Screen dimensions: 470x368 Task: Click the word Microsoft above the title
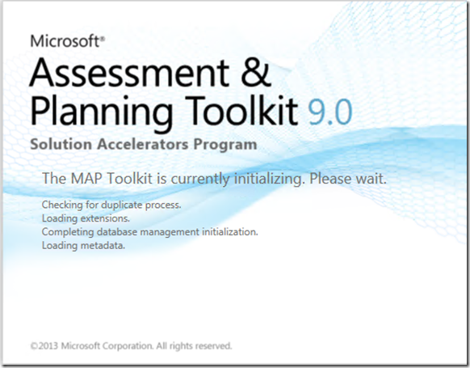pyautogui.click(x=65, y=40)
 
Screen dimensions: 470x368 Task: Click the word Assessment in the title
pyautogui.click(x=129, y=73)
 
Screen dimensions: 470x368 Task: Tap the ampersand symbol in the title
pyautogui.click(x=256, y=73)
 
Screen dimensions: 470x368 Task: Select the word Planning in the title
pyautogui.click(x=101, y=113)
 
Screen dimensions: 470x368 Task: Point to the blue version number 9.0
pyautogui.click(x=329, y=112)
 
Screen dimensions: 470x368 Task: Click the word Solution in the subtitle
pyautogui.click(x=61, y=144)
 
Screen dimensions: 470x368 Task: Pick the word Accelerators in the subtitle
pyautogui.click(x=143, y=144)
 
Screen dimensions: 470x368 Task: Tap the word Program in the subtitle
pyautogui.click(x=225, y=146)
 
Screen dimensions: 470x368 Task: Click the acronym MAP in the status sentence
pyautogui.click(x=86, y=178)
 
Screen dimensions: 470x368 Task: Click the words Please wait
pyautogui.click(x=348, y=179)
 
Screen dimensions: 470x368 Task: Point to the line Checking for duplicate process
pyautogui.click(x=111, y=205)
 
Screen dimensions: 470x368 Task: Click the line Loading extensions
pyautogui.click(x=86, y=218)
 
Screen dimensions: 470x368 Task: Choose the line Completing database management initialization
pyautogui.click(x=150, y=232)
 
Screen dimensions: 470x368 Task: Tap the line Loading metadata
pyautogui.click(x=83, y=246)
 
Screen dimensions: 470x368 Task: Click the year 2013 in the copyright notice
pyautogui.click(x=48, y=346)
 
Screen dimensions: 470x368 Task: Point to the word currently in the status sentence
pyautogui.click(x=200, y=180)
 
